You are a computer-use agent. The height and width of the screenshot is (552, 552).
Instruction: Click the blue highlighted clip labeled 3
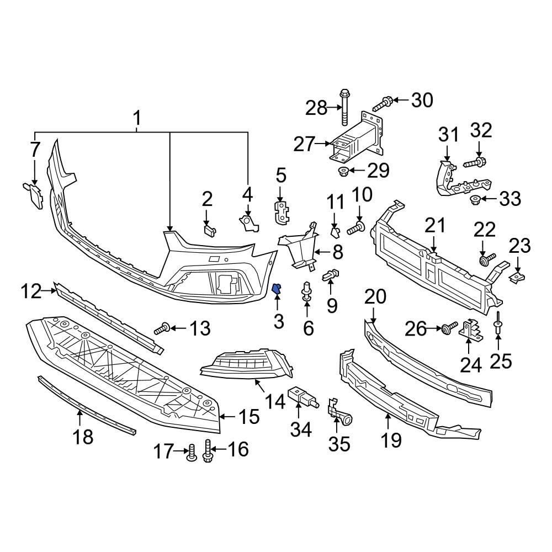[x=278, y=288]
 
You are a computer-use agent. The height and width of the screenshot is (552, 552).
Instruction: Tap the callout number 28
[x=317, y=108]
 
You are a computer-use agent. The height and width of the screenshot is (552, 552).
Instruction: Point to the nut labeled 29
[x=342, y=170]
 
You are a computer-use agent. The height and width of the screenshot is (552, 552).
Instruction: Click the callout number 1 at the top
[x=136, y=118]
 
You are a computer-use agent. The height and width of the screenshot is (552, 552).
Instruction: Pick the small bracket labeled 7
[x=34, y=195]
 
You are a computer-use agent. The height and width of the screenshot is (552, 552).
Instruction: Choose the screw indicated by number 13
[x=161, y=330]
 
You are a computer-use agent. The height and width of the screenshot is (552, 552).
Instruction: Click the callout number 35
[x=339, y=443]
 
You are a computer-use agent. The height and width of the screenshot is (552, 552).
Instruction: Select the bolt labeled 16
[x=209, y=451]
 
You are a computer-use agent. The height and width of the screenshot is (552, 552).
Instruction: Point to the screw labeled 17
[x=191, y=452]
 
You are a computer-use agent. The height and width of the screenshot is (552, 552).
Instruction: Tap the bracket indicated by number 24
[x=469, y=330]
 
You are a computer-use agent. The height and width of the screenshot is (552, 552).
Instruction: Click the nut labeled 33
[x=474, y=199]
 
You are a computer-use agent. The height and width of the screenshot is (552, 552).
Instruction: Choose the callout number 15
[x=248, y=417]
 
